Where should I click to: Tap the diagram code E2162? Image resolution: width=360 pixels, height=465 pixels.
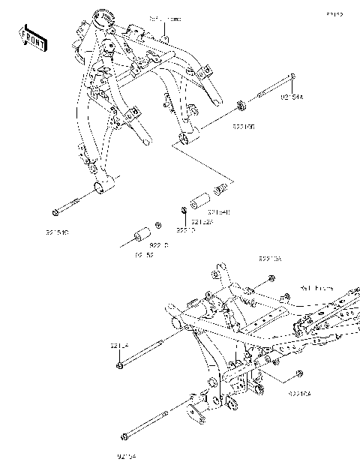[x=334, y=14]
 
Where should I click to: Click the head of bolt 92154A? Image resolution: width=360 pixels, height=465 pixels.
[x=292, y=76]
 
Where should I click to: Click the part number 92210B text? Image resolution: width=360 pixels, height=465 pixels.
[x=242, y=128]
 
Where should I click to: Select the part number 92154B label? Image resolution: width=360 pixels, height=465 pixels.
[x=219, y=213]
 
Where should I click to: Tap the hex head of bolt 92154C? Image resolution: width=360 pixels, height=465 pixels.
[x=54, y=212]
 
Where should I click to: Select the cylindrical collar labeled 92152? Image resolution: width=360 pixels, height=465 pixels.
[x=139, y=234]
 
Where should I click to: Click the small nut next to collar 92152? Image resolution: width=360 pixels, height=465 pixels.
[x=157, y=224]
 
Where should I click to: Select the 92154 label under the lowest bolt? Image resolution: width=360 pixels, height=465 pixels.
[x=127, y=454]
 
